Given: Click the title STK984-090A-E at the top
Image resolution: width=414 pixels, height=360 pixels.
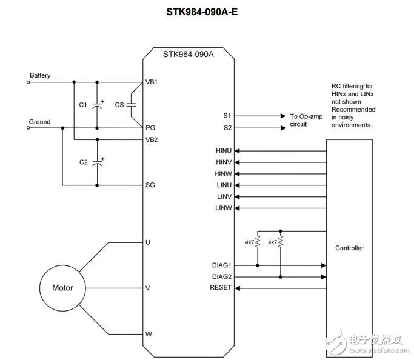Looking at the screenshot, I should pos(207,11).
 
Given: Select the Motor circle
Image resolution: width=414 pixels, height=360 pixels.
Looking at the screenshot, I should pos(62,288).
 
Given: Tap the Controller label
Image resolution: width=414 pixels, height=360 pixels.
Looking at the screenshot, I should pos(349,248).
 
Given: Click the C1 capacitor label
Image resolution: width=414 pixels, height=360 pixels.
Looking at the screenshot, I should pos(83,105).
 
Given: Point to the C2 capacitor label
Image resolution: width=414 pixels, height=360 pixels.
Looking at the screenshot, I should pos(83,162).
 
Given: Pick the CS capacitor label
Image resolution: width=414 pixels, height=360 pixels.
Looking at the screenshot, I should pos(119,105).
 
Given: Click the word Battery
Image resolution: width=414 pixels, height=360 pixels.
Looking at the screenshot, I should pos(40,76).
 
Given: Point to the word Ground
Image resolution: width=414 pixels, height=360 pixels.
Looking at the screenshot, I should pos(39,122).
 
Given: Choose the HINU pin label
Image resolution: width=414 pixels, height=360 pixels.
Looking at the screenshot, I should pos(223,151).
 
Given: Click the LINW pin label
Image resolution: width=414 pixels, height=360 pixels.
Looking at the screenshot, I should pos(223,208).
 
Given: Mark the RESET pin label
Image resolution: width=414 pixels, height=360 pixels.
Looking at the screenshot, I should pos(221,288).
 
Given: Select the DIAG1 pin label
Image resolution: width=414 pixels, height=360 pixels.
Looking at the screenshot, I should pos(221,265).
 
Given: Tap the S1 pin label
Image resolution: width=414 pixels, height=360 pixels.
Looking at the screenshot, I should pos(227,115).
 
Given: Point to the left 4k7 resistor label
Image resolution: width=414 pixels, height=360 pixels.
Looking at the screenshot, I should pos(249,242).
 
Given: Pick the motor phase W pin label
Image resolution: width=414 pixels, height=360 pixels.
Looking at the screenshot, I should pos(149,334).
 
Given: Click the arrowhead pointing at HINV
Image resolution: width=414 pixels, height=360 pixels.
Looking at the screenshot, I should pos(237,162).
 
